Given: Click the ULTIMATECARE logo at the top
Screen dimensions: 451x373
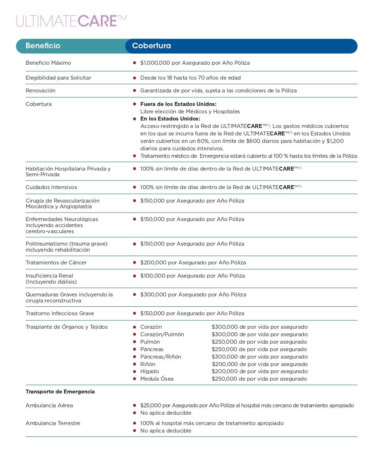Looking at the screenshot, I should [x=71, y=21].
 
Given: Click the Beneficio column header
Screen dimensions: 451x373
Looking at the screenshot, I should [x=43, y=46].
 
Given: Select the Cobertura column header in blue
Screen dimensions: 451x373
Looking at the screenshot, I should [x=152, y=46].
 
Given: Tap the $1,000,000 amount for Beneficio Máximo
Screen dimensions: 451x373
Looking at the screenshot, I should [x=155, y=63].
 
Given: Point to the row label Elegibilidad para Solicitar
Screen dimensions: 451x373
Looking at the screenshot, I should [x=58, y=78].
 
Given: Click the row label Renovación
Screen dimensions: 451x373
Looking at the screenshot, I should [x=40, y=91].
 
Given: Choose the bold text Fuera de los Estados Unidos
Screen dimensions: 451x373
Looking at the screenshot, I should [x=178, y=104].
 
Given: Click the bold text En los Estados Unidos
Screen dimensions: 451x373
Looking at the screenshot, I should [x=170, y=119].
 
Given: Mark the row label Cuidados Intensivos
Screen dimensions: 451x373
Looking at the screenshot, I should [x=51, y=187].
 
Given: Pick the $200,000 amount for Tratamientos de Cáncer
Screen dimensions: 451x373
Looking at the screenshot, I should [x=153, y=263].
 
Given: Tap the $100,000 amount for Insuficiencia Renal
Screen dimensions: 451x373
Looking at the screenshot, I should [x=153, y=276].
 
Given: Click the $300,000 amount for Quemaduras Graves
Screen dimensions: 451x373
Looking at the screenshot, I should [x=153, y=295].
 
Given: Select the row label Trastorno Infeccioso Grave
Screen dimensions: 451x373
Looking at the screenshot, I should [x=60, y=313].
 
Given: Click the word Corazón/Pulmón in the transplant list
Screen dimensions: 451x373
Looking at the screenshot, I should [x=162, y=334].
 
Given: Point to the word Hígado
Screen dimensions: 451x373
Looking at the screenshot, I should [x=150, y=371].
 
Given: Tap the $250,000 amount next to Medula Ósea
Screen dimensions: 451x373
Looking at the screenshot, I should [x=225, y=379].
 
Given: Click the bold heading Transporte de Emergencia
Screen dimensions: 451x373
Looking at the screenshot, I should [x=60, y=392].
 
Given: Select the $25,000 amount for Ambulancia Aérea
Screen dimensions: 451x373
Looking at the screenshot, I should [x=151, y=406].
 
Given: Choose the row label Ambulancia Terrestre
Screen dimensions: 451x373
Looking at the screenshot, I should [x=53, y=423].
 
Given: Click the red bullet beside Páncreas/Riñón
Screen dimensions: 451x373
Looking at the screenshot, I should [x=135, y=357].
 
